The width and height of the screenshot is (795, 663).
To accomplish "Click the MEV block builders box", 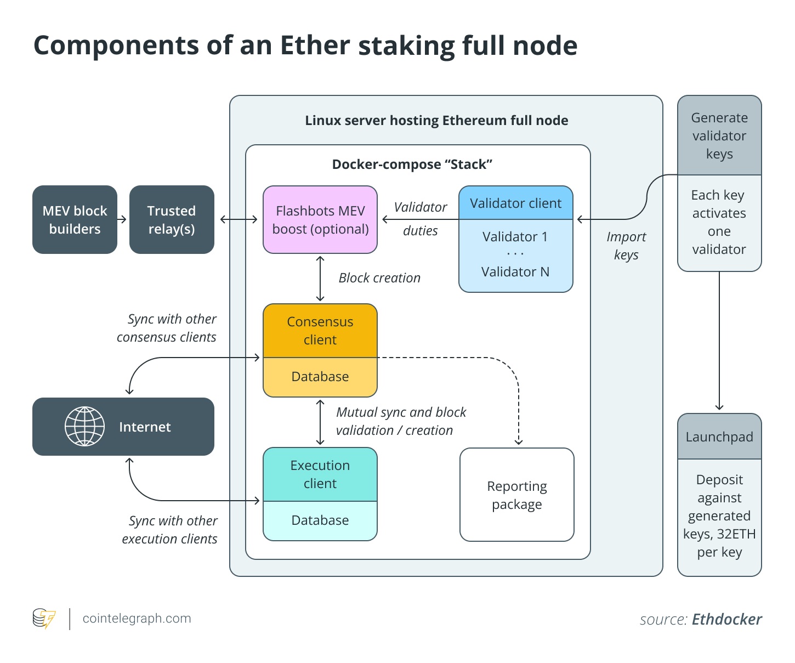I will (75, 220).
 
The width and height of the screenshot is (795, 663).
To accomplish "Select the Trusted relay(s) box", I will (172, 220).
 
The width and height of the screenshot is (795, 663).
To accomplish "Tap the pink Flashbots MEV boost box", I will (320, 220).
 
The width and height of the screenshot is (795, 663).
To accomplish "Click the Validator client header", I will (515, 203).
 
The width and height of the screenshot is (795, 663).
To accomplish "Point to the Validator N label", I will (515, 272).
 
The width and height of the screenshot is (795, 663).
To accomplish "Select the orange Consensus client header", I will (320, 331).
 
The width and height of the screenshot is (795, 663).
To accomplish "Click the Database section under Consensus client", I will (320, 377).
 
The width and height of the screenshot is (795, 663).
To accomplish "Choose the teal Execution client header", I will (320, 474).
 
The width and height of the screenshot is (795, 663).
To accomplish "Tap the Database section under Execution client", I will (320, 520).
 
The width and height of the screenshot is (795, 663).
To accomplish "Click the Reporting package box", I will (516, 495).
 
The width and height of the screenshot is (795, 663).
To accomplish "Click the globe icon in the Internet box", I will (84, 427).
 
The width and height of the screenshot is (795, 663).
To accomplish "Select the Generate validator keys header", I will (719, 136).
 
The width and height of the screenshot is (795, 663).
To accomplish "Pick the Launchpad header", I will (719, 437).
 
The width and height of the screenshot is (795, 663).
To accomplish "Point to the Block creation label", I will (379, 278).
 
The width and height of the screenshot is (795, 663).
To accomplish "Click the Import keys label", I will (626, 246).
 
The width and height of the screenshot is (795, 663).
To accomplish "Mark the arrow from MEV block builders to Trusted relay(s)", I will (123, 219).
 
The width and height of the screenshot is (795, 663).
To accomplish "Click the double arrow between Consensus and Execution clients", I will (320, 422).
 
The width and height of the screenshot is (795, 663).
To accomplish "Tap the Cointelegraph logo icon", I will (44, 619).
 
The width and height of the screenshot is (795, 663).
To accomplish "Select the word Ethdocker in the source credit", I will (726, 620).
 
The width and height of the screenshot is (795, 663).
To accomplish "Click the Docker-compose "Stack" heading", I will (412, 165).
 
